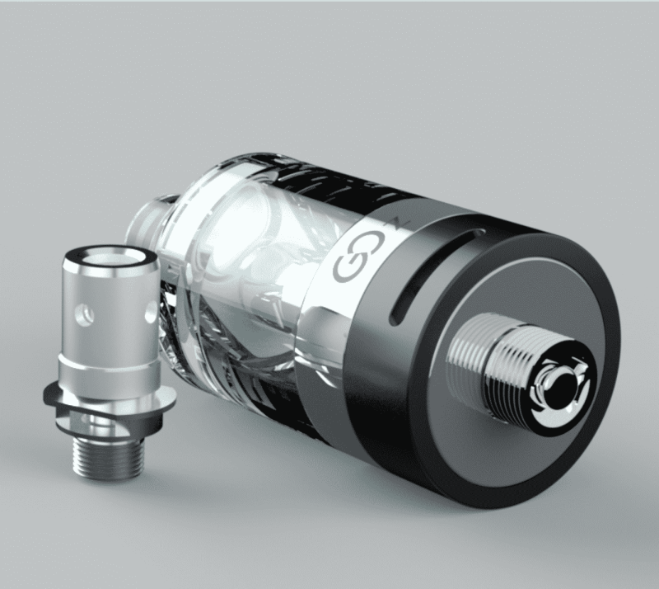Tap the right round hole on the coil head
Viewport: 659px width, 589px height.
coord(148,311)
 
